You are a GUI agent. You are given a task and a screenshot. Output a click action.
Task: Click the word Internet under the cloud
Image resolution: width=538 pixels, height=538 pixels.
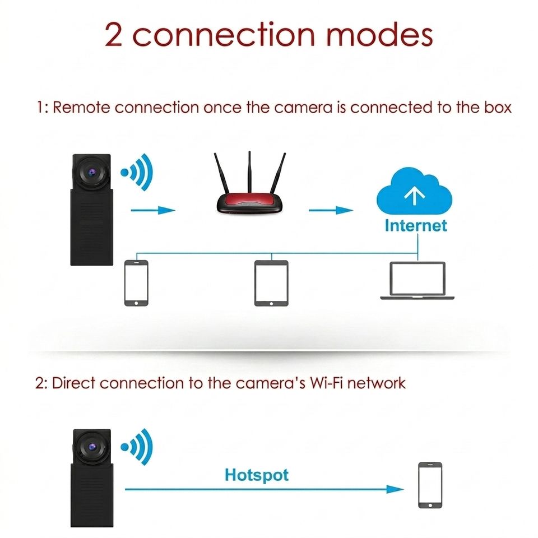point(415,225)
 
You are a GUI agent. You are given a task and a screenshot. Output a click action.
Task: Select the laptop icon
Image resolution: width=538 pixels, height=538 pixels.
point(417,281)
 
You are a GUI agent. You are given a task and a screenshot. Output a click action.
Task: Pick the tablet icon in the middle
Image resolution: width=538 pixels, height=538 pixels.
point(271,284)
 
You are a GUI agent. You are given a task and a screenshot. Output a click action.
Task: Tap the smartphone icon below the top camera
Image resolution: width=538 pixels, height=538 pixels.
point(136,283)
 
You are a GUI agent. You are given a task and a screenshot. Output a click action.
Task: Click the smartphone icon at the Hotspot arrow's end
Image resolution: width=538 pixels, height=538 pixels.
point(430,485)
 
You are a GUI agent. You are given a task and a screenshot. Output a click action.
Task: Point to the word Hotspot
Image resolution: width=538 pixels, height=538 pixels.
point(257,475)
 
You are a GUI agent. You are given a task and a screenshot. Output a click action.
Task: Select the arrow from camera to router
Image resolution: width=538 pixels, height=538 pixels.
point(152,210)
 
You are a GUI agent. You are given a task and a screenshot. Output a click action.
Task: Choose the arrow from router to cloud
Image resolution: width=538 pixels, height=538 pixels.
point(331,210)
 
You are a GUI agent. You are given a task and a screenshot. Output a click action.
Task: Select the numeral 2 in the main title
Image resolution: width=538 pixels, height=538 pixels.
point(115,35)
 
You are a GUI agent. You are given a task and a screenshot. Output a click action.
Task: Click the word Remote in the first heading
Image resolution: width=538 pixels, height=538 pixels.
point(82,107)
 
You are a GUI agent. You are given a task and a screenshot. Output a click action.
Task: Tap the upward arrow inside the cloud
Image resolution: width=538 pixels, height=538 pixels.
point(414,195)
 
